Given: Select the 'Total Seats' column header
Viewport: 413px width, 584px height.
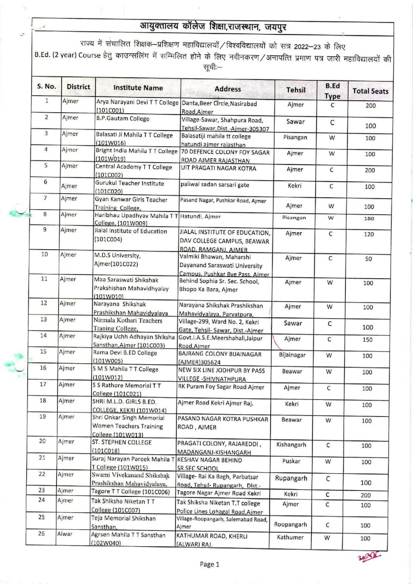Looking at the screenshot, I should click(x=370, y=91).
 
